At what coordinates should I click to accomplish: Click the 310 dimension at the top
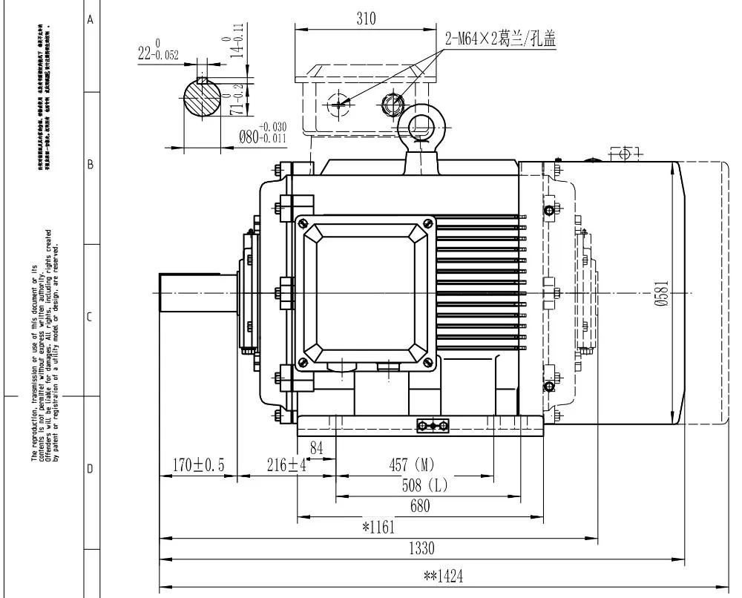(x=365, y=20)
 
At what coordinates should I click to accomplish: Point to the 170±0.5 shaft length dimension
(x=198, y=465)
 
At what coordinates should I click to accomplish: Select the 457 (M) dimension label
(x=412, y=465)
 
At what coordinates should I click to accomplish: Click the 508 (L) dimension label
(x=421, y=486)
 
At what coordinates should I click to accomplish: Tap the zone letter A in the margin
(x=91, y=20)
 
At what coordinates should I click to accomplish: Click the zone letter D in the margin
(x=91, y=470)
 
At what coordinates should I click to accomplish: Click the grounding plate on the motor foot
(x=433, y=425)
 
